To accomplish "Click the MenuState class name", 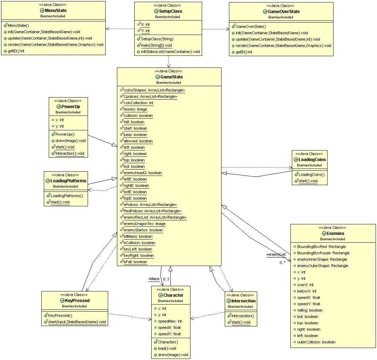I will coord(56,11).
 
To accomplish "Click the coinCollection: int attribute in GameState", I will coord(138,103).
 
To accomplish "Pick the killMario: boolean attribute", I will coord(138,237).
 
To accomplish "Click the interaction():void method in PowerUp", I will coord(70,154).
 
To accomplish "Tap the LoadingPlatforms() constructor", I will coord(67,196).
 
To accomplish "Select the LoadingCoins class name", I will coord(312,160).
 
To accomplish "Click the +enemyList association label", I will coord(276,254).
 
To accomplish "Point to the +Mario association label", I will coord(154,279).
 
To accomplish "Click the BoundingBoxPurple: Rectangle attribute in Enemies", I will coord(323,253).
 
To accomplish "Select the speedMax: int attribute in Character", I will coord(170,321).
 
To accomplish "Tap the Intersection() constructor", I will coord(242,316).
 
